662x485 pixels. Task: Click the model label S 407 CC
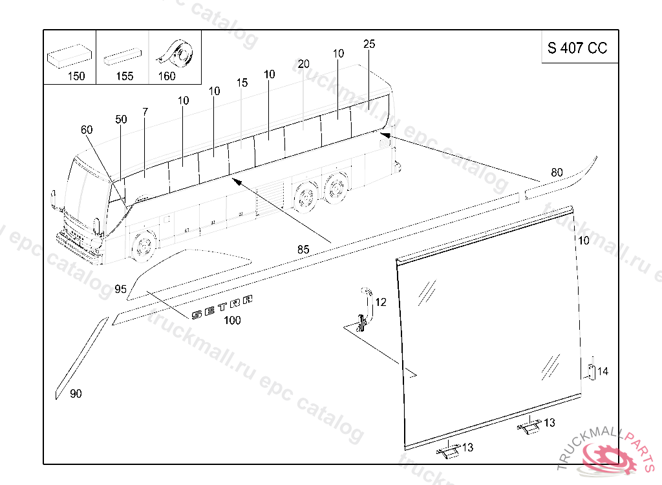[x=577, y=48]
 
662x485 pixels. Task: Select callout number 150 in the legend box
[x=76, y=76]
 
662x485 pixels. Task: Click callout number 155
[x=125, y=76]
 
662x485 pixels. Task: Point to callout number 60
[x=87, y=130]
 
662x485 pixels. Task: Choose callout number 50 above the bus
[x=121, y=120]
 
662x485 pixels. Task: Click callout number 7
[x=145, y=112]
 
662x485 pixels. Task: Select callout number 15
[x=242, y=83]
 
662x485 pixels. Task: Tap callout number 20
[x=304, y=64]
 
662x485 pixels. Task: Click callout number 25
[x=369, y=44]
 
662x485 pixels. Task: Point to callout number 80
[x=557, y=173]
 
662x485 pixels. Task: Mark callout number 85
[x=303, y=250]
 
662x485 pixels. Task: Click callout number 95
[x=121, y=289]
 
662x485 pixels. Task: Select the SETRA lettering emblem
[x=222, y=307]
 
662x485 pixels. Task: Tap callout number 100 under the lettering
[x=232, y=320]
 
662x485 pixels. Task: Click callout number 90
[x=76, y=394]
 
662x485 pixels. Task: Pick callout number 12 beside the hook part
[x=381, y=302]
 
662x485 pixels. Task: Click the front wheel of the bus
[x=143, y=245]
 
